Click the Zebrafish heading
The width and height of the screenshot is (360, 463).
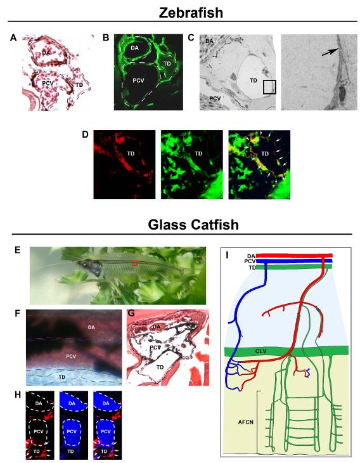191,13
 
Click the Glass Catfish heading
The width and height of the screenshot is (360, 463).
193,225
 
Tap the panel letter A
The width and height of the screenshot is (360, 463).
13,38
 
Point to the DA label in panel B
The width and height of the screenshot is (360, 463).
134,47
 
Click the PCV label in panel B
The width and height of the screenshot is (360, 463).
139,80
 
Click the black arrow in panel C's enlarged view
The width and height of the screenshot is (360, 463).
330,52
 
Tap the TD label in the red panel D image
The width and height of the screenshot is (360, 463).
131,153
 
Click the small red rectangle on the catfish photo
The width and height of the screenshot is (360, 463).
135,263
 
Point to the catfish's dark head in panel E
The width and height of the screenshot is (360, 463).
91,265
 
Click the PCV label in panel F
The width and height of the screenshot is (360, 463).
71,356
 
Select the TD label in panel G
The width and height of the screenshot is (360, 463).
160,367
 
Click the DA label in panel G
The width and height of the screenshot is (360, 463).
157,327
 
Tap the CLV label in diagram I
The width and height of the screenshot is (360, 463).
261,351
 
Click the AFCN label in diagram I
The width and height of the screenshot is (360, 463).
246,422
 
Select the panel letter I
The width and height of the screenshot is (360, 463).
226,255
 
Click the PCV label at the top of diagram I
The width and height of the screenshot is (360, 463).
250,261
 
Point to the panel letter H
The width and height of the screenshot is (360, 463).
18,395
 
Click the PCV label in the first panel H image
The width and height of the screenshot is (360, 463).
39,431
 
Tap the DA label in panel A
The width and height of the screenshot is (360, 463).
46,53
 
